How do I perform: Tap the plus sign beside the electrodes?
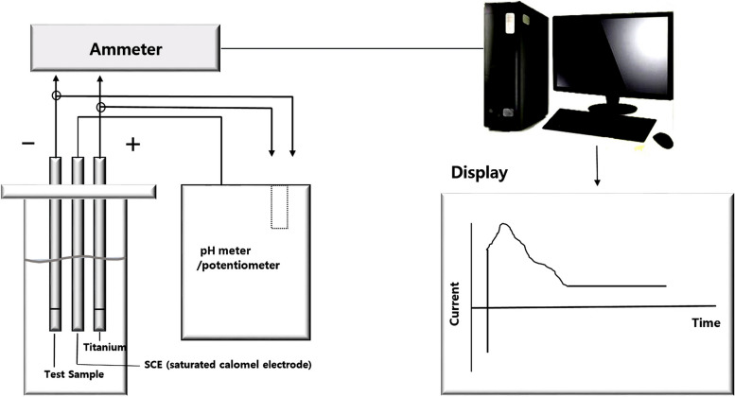point(132,145)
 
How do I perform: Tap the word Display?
point(480,174)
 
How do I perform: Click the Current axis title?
point(455,303)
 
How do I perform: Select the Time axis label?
point(705,322)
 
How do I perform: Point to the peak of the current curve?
point(505,225)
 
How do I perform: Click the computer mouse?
point(663,140)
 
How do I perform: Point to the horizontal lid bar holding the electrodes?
point(75,191)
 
